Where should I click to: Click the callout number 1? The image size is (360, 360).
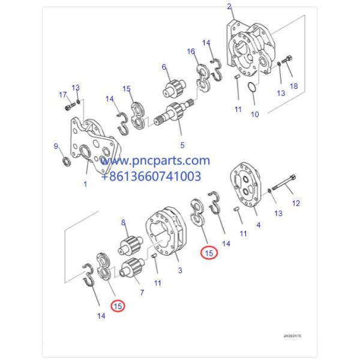85,184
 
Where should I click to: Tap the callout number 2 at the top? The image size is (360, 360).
229,7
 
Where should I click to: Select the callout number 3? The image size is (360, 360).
179,271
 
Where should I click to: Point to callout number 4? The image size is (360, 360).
258,225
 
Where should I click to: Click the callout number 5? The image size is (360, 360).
182,145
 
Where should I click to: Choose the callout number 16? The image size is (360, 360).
191,52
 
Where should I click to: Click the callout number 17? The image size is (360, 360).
62,94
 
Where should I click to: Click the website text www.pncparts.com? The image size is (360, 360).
163,161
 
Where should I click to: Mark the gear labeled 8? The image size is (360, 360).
130,244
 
